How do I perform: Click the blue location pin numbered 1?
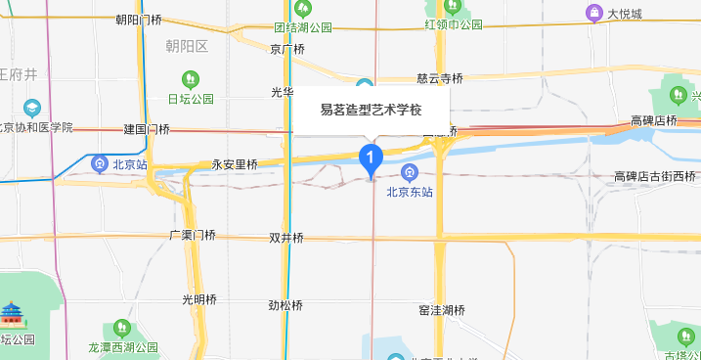(370, 157)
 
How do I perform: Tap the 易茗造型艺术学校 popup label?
(372, 111)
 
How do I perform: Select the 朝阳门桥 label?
(138, 19)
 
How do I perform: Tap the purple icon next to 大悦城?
(592, 13)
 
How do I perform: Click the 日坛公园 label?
(191, 99)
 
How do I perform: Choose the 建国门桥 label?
(147, 129)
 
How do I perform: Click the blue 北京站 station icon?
(99, 163)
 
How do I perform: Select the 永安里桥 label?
(234, 164)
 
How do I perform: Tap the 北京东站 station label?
(410, 193)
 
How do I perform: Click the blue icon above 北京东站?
(410, 173)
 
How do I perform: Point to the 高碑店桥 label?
(654, 120)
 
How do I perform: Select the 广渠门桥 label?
(192, 235)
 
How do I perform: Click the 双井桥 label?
(286, 238)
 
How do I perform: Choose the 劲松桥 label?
(286, 304)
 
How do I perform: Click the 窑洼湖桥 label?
(441, 311)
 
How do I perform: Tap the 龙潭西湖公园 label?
(123, 346)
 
